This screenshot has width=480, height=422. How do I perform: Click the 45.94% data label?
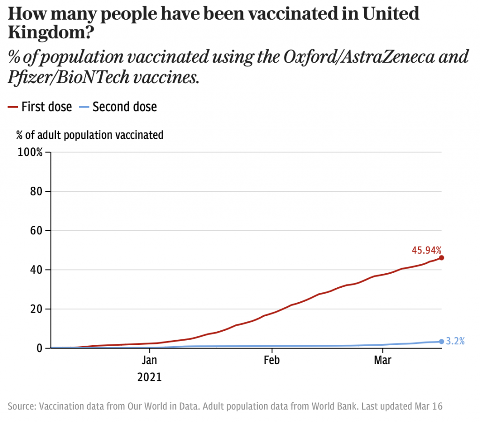click(427, 250)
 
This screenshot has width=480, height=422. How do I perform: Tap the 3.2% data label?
click(455, 341)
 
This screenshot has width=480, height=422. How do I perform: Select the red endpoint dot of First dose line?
click(442, 258)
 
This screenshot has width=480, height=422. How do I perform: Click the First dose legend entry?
click(40, 107)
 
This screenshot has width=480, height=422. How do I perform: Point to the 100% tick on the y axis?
click(30, 153)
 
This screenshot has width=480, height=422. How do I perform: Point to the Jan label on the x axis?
click(150, 360)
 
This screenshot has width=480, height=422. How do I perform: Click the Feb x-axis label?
click(272, 360)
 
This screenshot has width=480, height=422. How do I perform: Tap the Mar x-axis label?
click(383, 360)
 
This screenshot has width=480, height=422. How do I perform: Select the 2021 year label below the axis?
click(150, 377)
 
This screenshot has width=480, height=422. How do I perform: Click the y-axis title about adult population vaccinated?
click(90, 135)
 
